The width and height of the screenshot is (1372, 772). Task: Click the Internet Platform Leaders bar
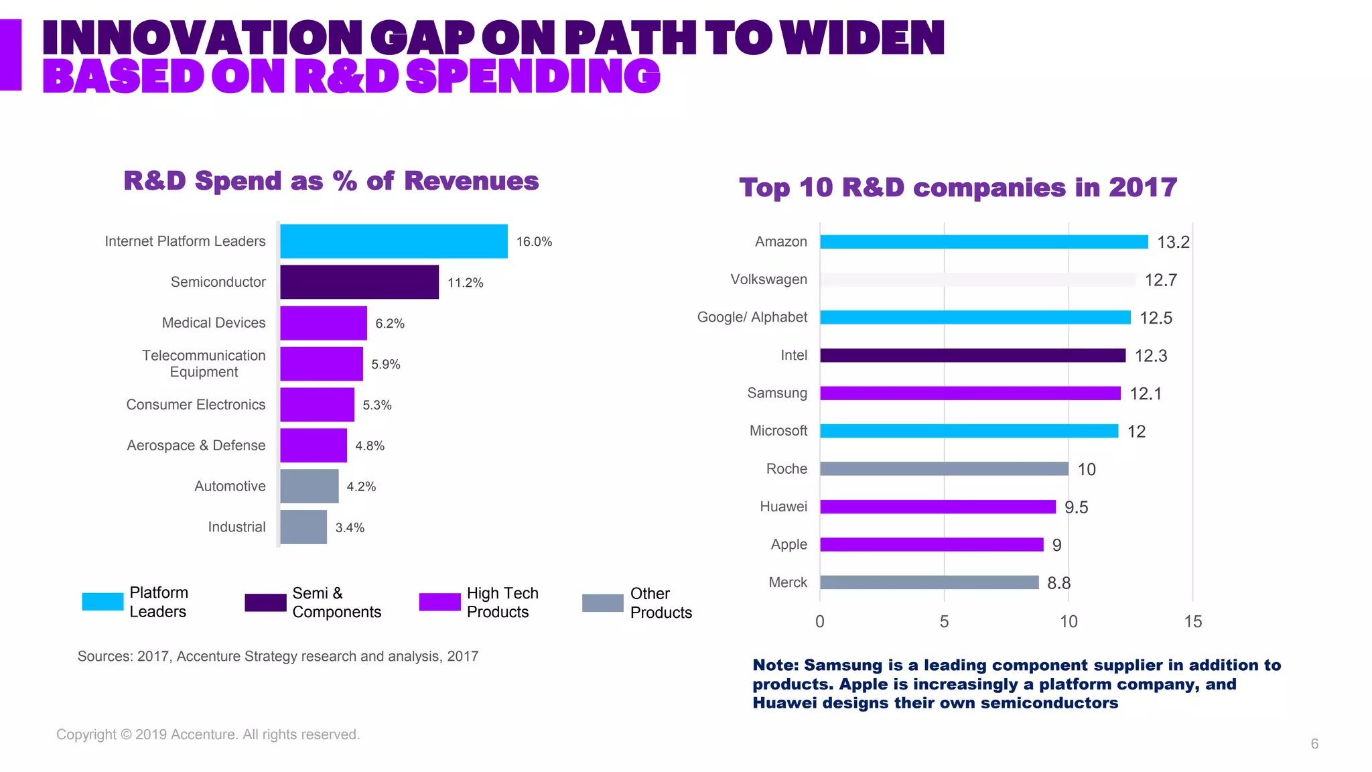pyautogui.click(x=393, y=241)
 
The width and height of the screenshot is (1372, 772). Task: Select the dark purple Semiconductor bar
pyautogui.click(x=359, y=282)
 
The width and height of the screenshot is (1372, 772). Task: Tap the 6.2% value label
pyautogui.click(x=390, y=324)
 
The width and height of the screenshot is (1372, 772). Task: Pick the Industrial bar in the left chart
pyautogui.click(x=303, y=527)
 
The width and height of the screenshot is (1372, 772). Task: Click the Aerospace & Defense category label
pyautogui.click(x=196, y=446)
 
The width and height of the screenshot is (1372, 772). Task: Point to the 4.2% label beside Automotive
pyautogui.click(x=361, y=487)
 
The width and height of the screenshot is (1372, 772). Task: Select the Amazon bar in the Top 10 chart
pyautogui.click(x=983, y=242)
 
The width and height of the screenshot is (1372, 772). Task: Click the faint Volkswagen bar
pyautogui.click(x=978, y=279)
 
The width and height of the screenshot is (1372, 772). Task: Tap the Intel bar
pyautogui.click(x=973, y=355)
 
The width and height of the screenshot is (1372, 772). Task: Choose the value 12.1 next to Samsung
pyautogui.click(x=1146, y=393)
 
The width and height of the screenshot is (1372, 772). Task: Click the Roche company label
pyautogui.click(x=786, y=469)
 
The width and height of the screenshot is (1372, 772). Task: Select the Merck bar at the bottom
pyautogui.click(x=929, y=582)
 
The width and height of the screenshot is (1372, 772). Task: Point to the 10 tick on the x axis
pyautogui.click(x=1069, y=622)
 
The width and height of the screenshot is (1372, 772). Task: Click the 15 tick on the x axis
pyautogui.click(x=1192, y=622)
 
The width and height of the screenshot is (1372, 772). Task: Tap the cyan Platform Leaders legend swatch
pyautogui.click(x=102, y=602)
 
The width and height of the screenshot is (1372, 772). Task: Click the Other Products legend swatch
pyautogui.click(x=602, y=603)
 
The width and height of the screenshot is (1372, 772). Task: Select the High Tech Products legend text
pyautogui.click(x=502, y=602)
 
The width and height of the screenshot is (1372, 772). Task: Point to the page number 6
pyautogui.click(x=1314, y=744)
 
